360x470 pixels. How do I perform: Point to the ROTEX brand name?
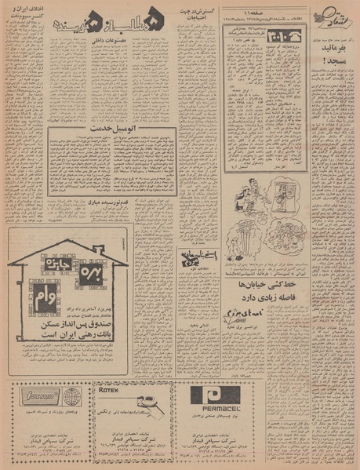coord(110,387)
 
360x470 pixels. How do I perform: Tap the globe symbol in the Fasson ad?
coord(72,395)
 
